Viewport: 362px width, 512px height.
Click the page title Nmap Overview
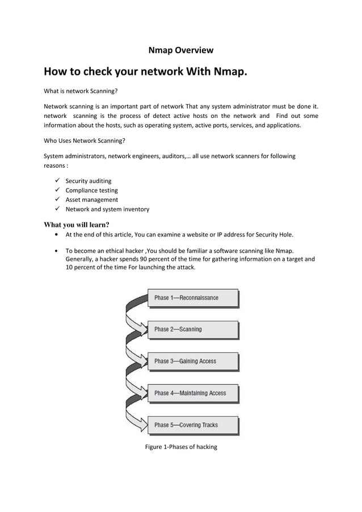point(180,50)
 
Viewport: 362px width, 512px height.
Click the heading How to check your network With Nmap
point(146,72)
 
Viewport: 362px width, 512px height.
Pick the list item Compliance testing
point(91,191)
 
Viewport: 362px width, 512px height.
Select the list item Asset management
point(91,200)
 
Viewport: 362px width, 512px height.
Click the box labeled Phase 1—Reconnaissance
point(192,298)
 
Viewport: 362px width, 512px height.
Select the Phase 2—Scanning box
point(192,329)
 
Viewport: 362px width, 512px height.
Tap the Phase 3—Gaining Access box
point(192,361)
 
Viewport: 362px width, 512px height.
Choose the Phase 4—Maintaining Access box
point(192,393)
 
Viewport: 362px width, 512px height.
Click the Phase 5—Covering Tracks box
point(192,425)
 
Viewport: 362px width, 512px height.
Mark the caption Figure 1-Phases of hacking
point(181,447)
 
